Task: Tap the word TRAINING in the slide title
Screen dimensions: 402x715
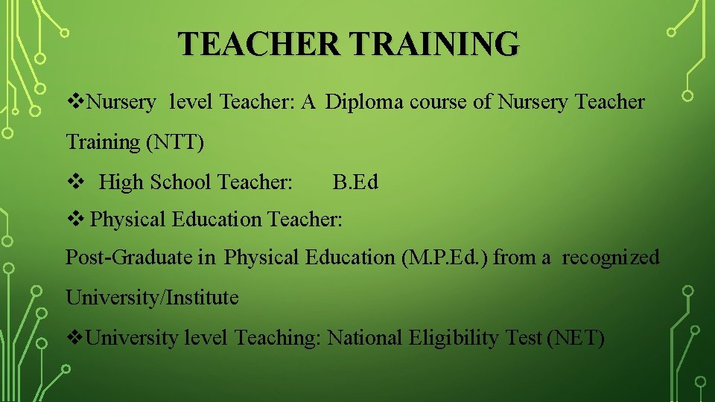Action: point(435,44)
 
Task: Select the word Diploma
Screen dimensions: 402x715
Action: point(360,102)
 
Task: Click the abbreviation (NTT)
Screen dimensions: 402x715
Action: point(175,141)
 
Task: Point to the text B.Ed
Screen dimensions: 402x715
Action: point(355,182)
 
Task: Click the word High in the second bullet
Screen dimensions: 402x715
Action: point(122,182)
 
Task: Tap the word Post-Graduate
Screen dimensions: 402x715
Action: point(130,258)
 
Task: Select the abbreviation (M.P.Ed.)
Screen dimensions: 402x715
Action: point(445,258)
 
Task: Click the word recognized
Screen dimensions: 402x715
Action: point(611,258)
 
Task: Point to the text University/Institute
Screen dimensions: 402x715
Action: point(152,298)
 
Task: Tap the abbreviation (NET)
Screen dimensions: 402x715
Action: point(576,338)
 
